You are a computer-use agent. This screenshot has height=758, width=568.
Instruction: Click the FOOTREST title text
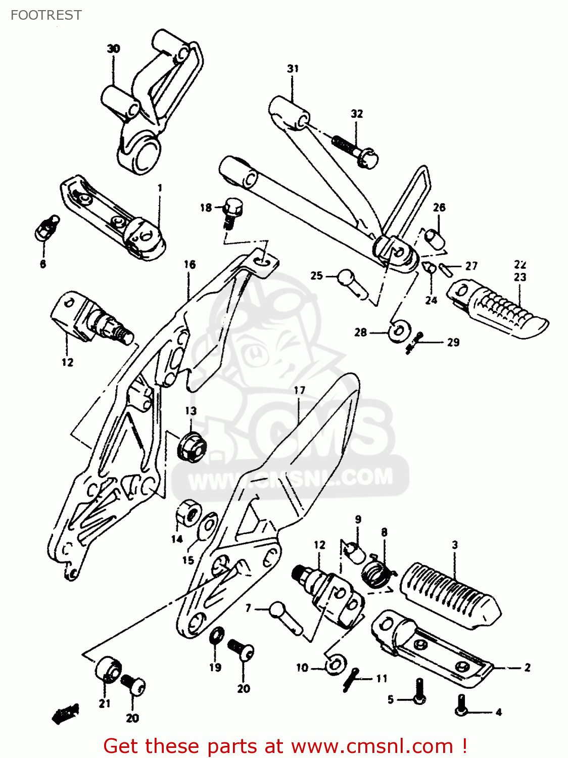click(x=46, y=15)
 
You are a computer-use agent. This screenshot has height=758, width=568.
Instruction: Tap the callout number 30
click(x=113, y=49)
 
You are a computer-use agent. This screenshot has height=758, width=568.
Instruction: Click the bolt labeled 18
click(x=232, y=211)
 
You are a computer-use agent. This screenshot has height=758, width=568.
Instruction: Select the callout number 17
click(x=299, y=390)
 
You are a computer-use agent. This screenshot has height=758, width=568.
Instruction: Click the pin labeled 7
click(x=286, y=617)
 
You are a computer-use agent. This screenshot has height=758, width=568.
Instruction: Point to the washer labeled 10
click(x=335, y=664)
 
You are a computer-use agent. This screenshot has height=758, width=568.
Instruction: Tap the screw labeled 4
click(x=461, y=704)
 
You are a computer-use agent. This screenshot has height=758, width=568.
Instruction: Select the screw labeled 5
click(x=419, y=692)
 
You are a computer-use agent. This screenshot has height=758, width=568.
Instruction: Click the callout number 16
click(x=190, y=264)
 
